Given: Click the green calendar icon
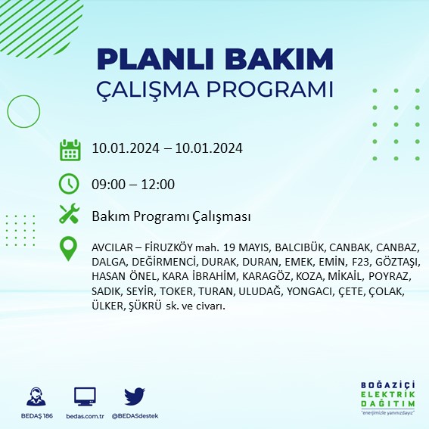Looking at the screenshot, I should (70, 149).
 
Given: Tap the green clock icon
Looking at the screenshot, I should (70, 183).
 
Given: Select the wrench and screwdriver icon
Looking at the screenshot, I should (70, 215).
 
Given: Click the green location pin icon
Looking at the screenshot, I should (70, 249).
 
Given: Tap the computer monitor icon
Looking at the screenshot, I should (85, 396).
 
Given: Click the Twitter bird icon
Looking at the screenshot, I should (134, 396).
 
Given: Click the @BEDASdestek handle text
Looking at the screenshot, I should (135, 416).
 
